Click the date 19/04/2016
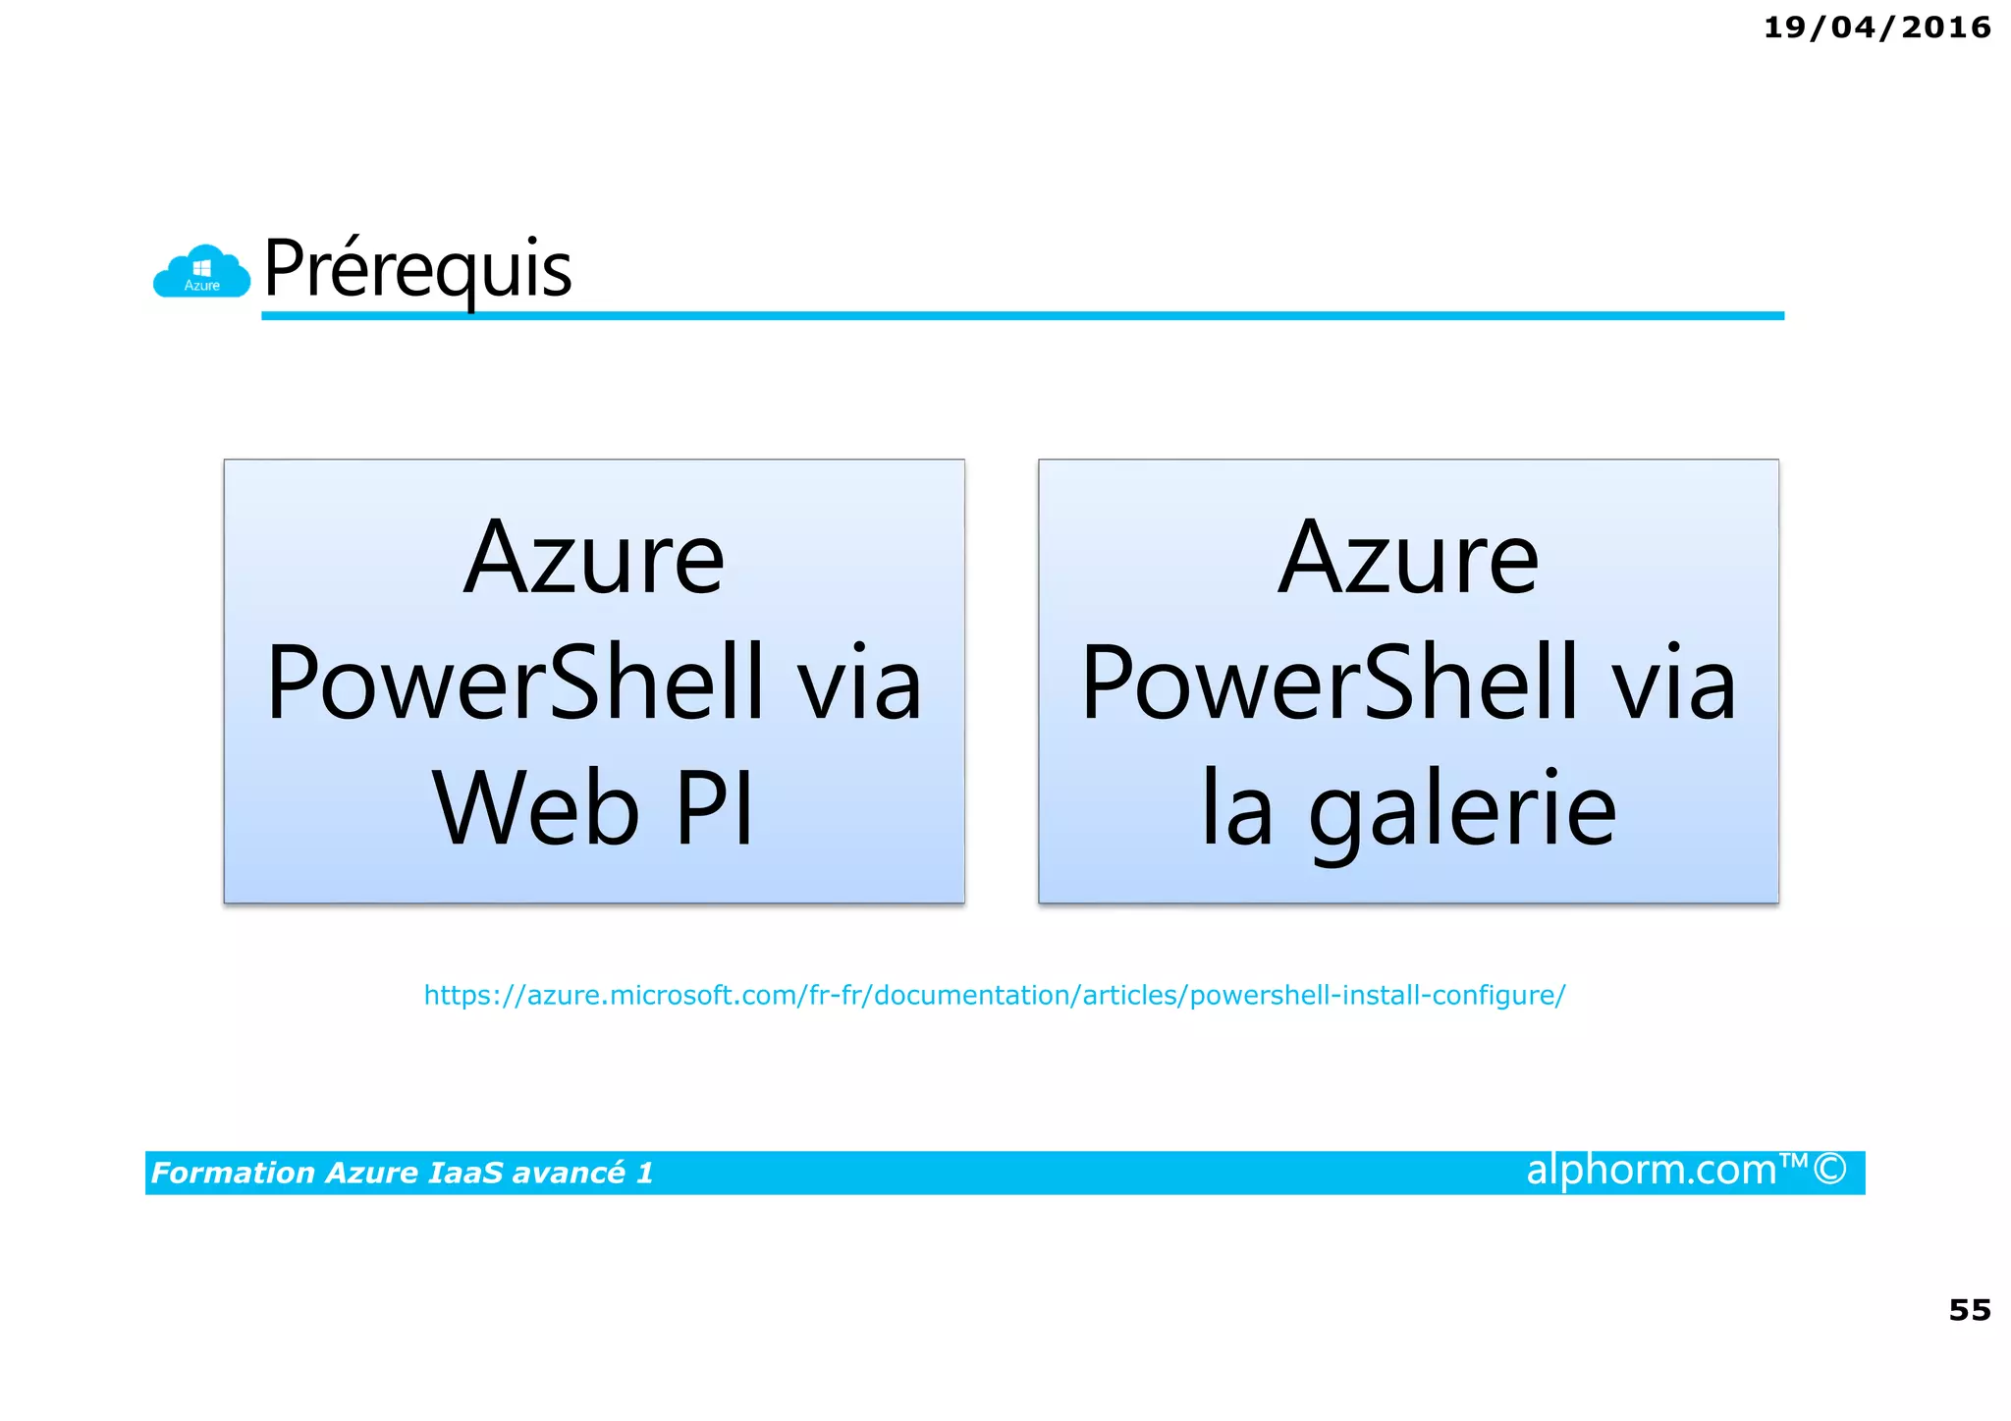coord(1876,27)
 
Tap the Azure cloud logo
coord(201,272)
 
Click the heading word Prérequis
coord(417,268)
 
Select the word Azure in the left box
coord(594,559)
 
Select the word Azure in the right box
coord(1408,559)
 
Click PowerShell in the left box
coord(515,683)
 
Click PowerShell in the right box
coord(1330,683)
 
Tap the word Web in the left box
coord(536,808)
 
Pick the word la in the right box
coord(1237,808)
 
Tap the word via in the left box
coord(859,683)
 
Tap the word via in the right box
coord(1674,683)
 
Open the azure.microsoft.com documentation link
coord(994,996)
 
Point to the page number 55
coord(1969,1310)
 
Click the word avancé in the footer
coord(569,1173)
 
